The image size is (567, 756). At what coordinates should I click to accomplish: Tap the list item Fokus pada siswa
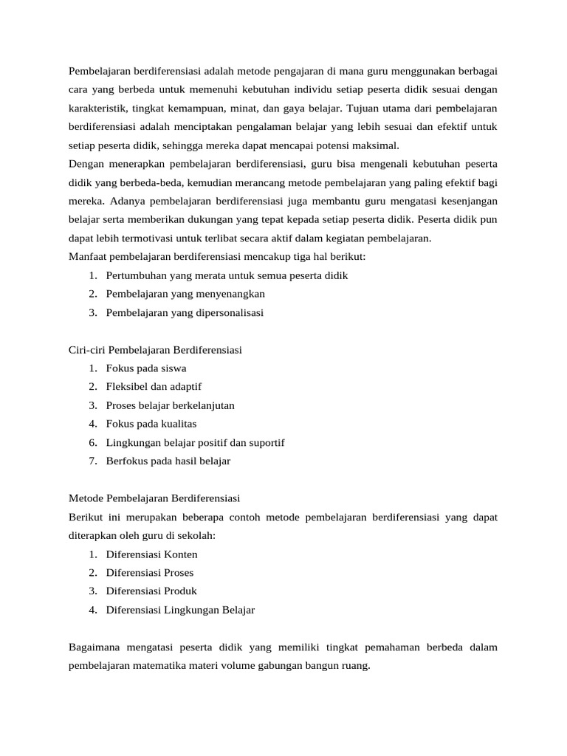pyautogui.click(x=146, y=368)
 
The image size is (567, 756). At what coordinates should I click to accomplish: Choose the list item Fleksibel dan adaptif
pyautogui.click(x=154, y=386)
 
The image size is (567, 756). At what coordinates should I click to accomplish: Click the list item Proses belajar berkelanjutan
pyautogui.click(x=171, y=405)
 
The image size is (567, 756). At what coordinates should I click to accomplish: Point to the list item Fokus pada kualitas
pyautogui.click(x=151, y=424)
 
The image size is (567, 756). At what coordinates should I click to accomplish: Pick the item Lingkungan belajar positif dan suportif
pyautogui.click(x=195, y=442)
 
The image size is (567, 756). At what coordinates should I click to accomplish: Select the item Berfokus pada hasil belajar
pyautogui.click(x=168, y=461)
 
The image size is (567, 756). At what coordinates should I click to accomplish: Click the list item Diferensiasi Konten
pyautogui.click(x=152, y=554)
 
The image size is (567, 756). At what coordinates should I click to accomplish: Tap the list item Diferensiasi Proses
pyautogui.click(x=150, y=572)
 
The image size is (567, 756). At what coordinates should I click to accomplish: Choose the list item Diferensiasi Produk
pyautogui.click(x=151, y=591)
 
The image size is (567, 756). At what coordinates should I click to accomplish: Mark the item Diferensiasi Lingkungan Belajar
pyautogui.click(x=180, y=610)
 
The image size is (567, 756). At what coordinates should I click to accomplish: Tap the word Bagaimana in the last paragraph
pyautogui.click(x=94, y=647)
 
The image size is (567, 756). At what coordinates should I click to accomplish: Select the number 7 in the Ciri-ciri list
pyautogui.click(x=92, y=461)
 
